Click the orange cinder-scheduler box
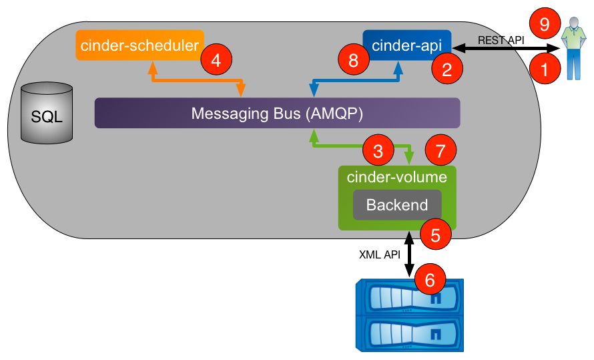tap(139, 45)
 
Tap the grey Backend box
tap(397, 205)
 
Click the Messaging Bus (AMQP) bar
tap(277, 113)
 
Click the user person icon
tap(571, 50)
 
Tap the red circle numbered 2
tap(446, 67)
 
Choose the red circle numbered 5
tap(435, 235)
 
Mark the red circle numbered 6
tap(430, 279)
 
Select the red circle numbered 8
tap(353, 61)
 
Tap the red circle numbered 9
tap(544, 26)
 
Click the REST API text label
tap(501, 40)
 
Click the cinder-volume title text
tap(396, 178)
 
